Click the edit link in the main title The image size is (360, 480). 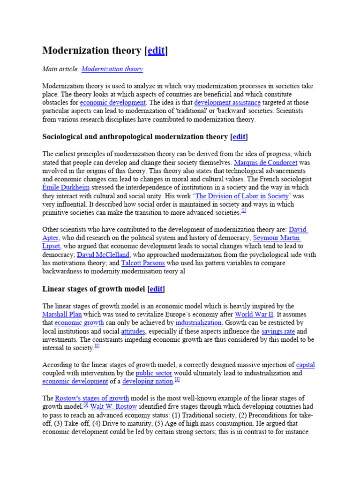click(x=156, y=51)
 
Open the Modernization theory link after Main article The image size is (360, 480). click(x=112, y=69)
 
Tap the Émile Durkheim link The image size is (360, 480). click(x=65, y=188)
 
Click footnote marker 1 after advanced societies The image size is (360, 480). click(x=244, y=211)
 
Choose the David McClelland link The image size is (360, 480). click(x=103, y=255)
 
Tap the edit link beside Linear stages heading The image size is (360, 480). click(x=157, y=289)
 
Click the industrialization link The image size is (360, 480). click(x=198, y=323)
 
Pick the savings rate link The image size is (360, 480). click(x=278, y=331)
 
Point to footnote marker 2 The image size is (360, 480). click(x=97, y=346)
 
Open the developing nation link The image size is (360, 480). click(x=148, y=382)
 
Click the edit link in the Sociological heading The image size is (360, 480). click(x=239, y=137)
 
